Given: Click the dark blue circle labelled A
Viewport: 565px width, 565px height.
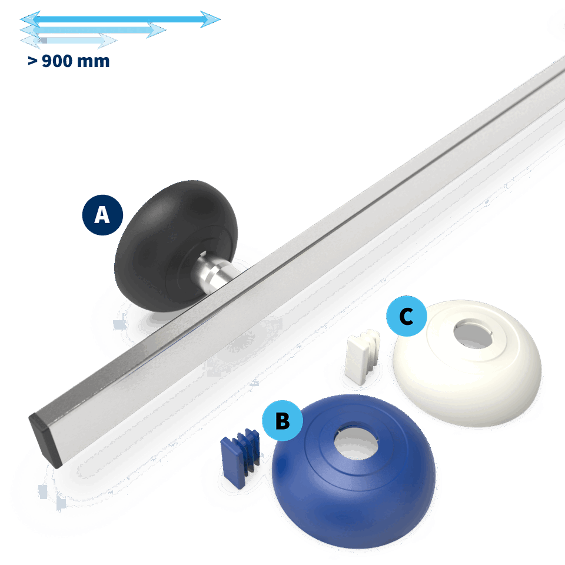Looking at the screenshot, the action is click(102, 215).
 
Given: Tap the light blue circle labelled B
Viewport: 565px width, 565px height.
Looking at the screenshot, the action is click(282, 420).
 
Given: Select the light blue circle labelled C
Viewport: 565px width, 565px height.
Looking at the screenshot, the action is click(407, 316).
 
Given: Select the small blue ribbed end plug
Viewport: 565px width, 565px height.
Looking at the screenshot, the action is click(240, 457).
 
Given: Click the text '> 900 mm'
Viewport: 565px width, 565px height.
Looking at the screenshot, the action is click(68, 61).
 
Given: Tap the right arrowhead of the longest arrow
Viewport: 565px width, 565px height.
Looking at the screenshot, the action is click(211, 19).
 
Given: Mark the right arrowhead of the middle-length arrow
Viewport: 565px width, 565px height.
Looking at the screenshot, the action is click(157, 30).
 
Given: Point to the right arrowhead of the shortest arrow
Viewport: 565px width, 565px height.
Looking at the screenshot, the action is click(107, 41).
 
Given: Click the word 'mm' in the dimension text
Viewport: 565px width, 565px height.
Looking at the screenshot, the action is click(94, 62).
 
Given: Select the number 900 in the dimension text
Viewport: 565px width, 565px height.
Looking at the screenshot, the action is click(57, 61).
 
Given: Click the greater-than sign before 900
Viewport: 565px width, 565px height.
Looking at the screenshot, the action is click(32, 62).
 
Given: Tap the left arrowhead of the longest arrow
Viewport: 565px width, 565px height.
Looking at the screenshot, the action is click(30, 19).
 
